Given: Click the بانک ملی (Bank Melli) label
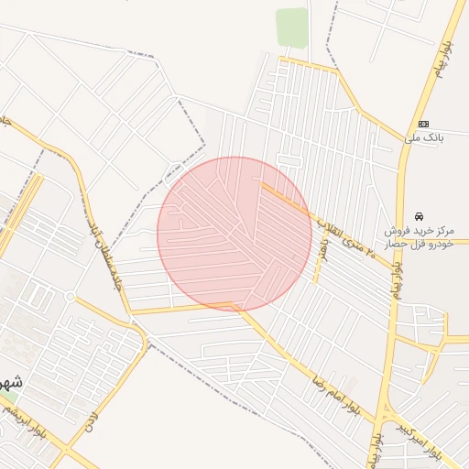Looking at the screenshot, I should [422, 138].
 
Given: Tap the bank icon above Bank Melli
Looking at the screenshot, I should [423, 124].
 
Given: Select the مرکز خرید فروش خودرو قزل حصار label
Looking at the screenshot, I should [422, 234].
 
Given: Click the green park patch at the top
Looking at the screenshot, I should [291, 27].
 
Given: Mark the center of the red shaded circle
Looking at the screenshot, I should [234, 234].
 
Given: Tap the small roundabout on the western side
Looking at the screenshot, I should [70, 296].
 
